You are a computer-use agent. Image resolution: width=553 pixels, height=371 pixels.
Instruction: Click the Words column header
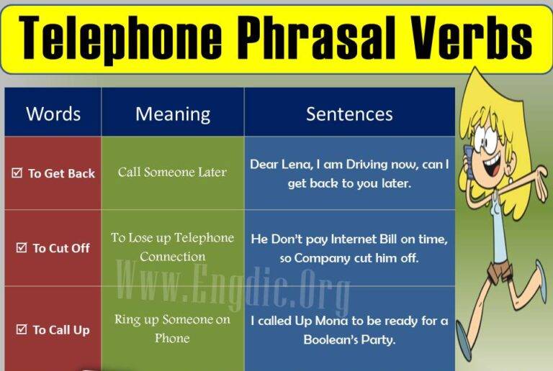click(x=53, y=114)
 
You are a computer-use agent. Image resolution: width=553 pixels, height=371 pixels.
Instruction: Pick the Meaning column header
click(x=173, y=114)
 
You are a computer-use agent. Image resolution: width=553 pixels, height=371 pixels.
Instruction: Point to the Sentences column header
click(x=349, y=114)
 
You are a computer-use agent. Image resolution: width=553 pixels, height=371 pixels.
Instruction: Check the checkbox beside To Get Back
click(x=17, y=173)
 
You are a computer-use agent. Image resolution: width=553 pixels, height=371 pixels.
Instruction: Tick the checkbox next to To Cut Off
click(x=22, y=248)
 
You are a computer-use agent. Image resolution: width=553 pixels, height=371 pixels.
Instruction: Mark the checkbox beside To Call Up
click(x=22, y=330)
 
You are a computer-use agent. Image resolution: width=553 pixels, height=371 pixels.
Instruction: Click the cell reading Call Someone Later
click(x=172, y=173)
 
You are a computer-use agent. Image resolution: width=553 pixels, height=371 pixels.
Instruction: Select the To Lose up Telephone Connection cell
click(x=172, y=247)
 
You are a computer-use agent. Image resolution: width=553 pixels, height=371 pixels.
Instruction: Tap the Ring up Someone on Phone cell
click(x=172, y=328)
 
